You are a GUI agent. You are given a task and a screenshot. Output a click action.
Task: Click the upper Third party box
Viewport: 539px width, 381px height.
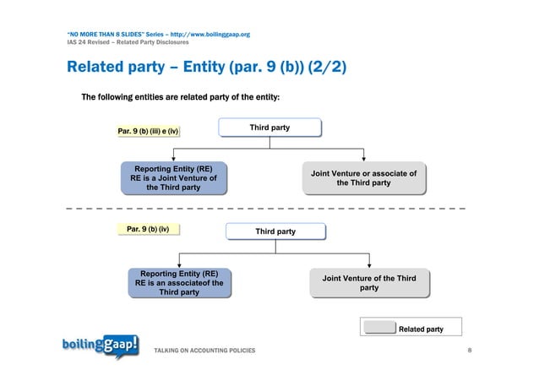[269, 128]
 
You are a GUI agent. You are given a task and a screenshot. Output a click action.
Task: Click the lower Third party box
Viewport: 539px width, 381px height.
[275, 231]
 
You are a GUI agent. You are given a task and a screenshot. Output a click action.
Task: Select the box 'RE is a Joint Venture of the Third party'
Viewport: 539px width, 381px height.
[173, 179]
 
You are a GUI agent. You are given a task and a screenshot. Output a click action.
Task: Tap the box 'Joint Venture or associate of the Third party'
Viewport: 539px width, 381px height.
[363, 178]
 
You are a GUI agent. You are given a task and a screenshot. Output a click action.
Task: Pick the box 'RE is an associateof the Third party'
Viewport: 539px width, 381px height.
[179, 283]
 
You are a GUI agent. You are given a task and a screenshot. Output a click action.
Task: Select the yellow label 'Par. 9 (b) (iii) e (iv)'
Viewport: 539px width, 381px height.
[148, 131]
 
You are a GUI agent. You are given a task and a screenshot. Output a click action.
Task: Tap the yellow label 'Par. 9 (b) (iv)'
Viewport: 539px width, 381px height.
[148, 229]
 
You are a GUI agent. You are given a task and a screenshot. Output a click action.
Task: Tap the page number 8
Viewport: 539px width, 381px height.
[470, 350]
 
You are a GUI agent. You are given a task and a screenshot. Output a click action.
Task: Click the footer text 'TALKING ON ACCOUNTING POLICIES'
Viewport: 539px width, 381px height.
[203, 350]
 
